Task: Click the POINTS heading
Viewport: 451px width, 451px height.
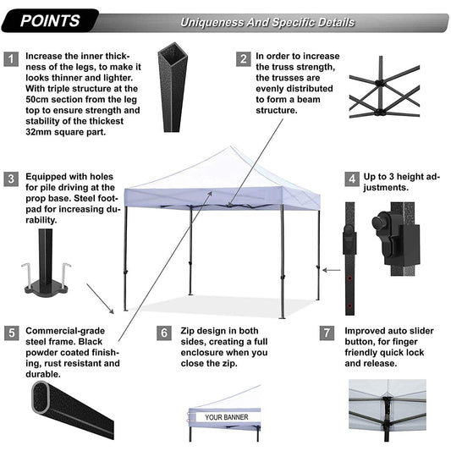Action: [52, 20]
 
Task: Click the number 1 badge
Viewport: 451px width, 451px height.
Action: [11, 59]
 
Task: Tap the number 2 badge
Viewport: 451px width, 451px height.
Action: [243, 59]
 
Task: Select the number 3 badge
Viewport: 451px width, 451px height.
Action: [11, 179]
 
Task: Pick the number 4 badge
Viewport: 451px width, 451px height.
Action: [351, 179]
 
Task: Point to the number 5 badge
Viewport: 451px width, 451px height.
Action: [11, 331]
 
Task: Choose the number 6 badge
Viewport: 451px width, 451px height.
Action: [164, 331]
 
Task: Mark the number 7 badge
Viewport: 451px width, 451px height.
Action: [327, 331]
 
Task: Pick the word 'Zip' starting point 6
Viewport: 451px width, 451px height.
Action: [188, 331]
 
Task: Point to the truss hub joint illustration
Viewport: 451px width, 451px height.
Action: [379, 87]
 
